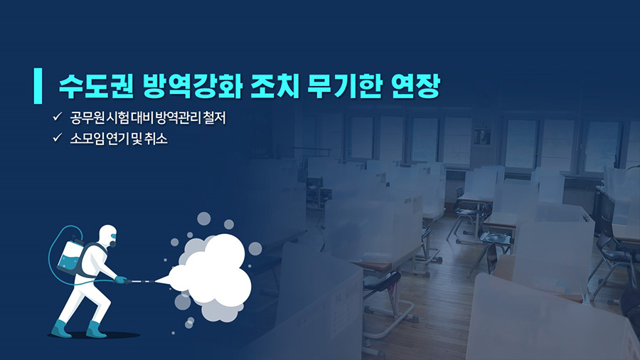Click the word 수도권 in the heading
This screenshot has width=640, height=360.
pyautogui.click(x=96, y=87)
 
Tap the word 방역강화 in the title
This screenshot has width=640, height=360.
pyautogui.click(x=193, y=87)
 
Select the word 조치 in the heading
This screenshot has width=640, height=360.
pyautogui.click(x=274, y=87)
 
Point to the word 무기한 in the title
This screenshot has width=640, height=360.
pyautogui.click(x=344, y=87)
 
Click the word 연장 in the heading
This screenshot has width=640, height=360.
pyautogui.click(x=415, y=87)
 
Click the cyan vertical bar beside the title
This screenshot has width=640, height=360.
pyautogui.click(x=38, y=85)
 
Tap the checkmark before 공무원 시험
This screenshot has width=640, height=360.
pyautogui.click(x=57, y=117)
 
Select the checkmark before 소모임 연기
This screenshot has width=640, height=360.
pyautogui.click(x=57, y=137)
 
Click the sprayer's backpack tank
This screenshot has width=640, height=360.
pyautogui.click(x=70, y=257)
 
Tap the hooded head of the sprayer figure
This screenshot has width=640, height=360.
pyautogui.click(x=108, y=236)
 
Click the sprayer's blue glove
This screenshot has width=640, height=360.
pyautogui.click(x=121, y=280)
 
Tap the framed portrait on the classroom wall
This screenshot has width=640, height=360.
pyautogui.click(x=482, y=135)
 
